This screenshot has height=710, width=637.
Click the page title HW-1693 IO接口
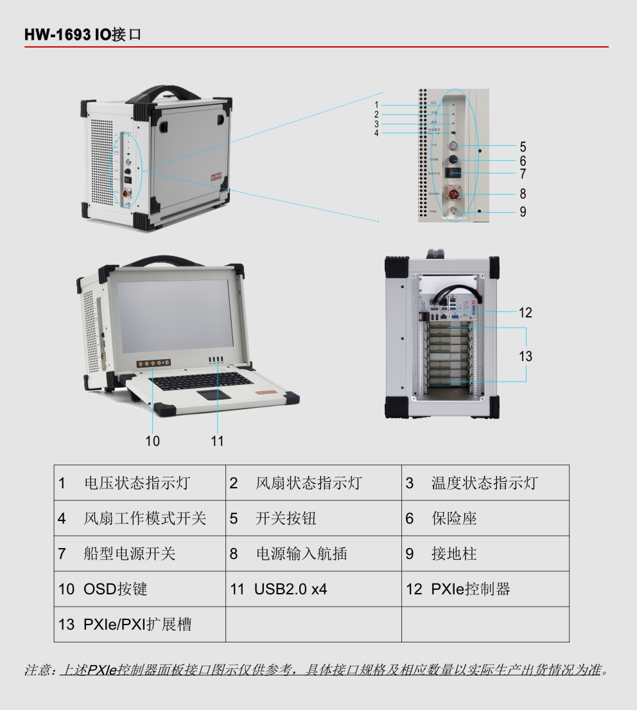tap(82, 35)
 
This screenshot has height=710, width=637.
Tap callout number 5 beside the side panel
tap(523, 147)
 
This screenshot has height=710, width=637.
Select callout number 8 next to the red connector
tap(523, 193)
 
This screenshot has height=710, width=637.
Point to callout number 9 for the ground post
tap(523, 211)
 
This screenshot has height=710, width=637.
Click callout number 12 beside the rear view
tap(525, 313)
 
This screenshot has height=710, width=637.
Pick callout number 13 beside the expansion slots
tap(525, 356)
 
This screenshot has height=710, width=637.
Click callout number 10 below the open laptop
tap(152, 441)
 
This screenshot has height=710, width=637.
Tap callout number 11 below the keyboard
tap(218, 441)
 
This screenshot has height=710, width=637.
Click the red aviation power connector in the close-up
tap(454, 193)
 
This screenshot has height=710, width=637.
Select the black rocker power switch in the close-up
tap(454, 173)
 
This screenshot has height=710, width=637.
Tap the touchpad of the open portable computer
tap(215, 393)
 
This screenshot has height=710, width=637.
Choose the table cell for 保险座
tap(454, 519)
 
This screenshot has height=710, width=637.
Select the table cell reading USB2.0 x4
tap(290, 589)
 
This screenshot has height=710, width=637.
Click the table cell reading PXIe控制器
tap(470, 589)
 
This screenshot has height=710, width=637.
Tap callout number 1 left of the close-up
tap(377, 105)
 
